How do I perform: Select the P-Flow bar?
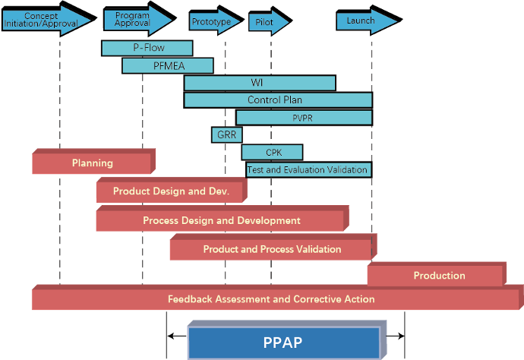(x=147, y=49)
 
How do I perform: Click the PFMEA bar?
(x=167, y=66)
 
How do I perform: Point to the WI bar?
(x=259, y=83)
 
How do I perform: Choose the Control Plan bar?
(x=277, y=100)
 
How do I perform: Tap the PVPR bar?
(x=304, y=118)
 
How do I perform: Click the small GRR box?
(x=226, y=135)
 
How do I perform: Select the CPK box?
(x=272, y=153)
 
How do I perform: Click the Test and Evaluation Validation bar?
(x=308, y=170)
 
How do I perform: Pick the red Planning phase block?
(x=92, y=163)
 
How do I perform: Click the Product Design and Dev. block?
(x=170, y=192)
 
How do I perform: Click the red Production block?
(x=435, y=276)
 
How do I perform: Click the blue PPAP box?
(x=283, y=343)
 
